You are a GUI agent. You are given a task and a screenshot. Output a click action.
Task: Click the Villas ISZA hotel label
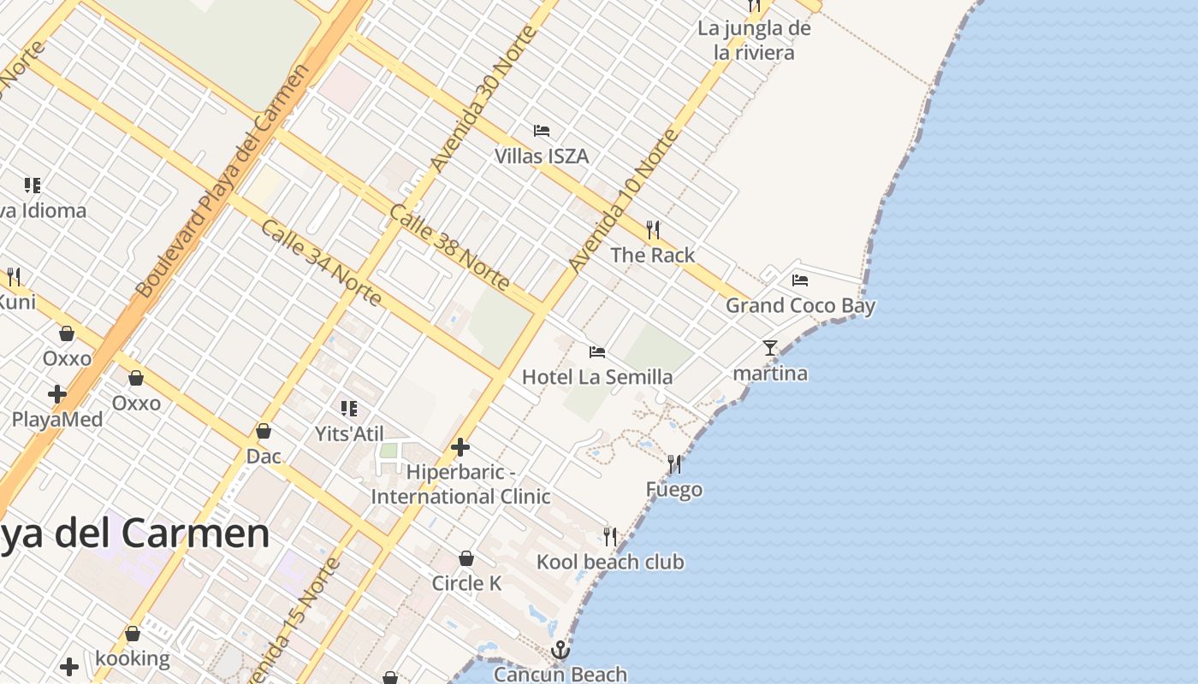542,156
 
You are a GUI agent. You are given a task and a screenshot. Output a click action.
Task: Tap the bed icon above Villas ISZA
542,131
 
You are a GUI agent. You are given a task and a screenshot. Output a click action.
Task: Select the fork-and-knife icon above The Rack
653,229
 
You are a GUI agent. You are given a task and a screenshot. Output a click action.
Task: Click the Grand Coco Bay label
800,305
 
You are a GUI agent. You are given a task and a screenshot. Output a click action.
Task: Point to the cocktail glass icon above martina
770,348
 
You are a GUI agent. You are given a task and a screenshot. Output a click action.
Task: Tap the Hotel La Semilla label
597,377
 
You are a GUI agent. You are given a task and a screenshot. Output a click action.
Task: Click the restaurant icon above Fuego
674,464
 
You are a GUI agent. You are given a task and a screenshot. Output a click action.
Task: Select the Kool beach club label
610,562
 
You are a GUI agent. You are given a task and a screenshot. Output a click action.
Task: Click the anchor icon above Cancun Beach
560,651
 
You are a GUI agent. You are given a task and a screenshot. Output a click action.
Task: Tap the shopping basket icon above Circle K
466,558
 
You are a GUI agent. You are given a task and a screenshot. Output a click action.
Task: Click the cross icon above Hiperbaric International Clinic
460,446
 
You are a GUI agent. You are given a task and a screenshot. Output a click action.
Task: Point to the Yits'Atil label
349,434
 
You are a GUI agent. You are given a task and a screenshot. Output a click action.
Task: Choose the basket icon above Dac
264,432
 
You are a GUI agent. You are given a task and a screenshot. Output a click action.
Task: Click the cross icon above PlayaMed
57,394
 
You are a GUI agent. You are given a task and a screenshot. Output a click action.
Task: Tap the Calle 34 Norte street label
321,262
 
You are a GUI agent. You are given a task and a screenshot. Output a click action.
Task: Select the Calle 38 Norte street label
450,247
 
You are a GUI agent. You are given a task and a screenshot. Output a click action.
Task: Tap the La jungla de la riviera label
754,40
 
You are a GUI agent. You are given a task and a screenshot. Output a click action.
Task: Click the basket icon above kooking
133,634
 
